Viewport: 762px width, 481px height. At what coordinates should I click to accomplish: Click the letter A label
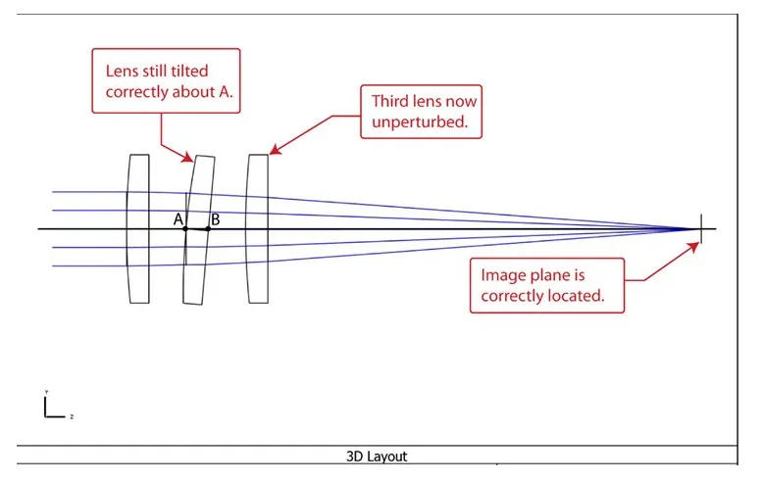tap(178, 219)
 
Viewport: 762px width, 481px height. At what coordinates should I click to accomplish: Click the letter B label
tap(215, 219)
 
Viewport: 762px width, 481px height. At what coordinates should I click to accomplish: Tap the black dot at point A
tap(184, 229)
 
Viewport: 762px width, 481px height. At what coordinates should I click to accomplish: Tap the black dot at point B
tap(208, 229)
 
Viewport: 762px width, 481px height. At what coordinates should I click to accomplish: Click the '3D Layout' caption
tap(377, 457)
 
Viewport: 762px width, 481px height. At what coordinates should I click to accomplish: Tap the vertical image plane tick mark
tap(701, 228)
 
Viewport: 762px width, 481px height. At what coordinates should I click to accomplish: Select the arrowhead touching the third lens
tap(271, 152)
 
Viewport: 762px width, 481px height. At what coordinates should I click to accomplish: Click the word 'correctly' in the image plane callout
tap(509, 293)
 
